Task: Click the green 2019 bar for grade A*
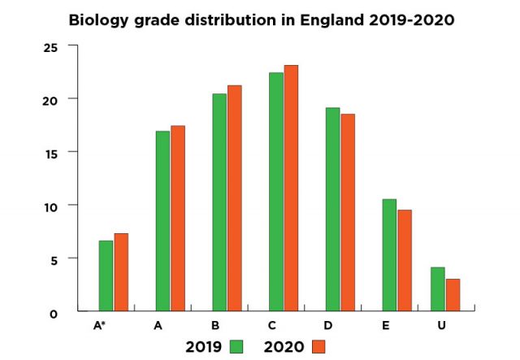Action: click(x=106, y=275)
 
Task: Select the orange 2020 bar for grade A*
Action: click(x=121, y=272)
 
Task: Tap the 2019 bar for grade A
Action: click(x=162, y=220)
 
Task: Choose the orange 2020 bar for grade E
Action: click(x=405, y=260)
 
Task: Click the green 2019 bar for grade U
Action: click(x=438, y=288)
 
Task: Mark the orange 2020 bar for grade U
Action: click(x=453, y=294)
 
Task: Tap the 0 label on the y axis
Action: click(x=53, y=313)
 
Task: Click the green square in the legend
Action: click(x=236, y=347)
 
